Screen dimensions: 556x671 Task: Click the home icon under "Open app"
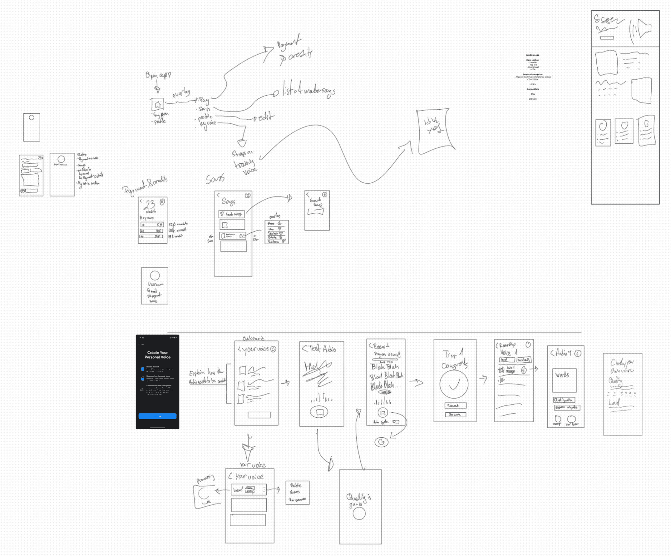157,105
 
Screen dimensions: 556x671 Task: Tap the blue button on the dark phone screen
157,416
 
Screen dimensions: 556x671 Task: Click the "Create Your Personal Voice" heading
157,355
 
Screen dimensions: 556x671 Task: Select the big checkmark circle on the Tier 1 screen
454,384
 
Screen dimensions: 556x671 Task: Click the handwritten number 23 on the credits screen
149,205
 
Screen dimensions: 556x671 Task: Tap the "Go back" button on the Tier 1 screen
455,414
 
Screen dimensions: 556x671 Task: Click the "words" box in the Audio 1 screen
564,380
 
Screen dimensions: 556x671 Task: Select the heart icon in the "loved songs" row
222,214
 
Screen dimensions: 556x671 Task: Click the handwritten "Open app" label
158,75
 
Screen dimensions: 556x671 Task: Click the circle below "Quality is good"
359,513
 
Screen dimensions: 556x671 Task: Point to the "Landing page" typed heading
532,55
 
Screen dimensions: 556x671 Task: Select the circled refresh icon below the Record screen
381,442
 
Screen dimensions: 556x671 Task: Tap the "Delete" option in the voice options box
296,485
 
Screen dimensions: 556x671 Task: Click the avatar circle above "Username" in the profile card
155,275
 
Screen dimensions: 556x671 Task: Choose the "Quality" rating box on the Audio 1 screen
564,400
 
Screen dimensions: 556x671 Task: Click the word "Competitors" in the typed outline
532,89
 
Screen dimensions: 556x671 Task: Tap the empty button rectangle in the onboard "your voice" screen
259,415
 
